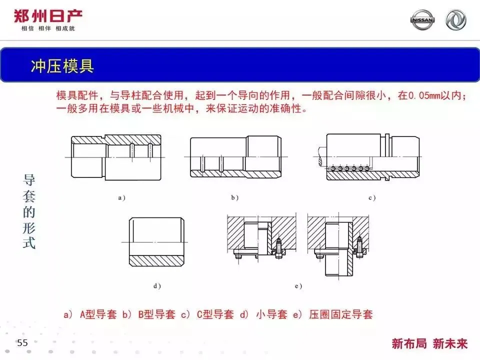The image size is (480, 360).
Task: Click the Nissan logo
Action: point(422,20)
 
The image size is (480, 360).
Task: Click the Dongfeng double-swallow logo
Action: point(455,20)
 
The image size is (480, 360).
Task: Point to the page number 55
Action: point(22,343)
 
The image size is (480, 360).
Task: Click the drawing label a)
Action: point(121,198)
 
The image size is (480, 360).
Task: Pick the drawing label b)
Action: point(234,198)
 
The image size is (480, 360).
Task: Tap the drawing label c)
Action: point(371,198)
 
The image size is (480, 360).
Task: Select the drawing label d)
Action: point(157,286)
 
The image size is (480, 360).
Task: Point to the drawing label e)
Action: point(298,286)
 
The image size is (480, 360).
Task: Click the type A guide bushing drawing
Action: point(115,157)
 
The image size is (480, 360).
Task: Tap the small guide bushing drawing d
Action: point(155,242)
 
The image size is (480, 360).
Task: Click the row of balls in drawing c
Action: point(348,169)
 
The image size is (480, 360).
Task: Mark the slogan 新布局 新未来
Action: point(429,343)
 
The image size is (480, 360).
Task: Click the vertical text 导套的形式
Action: point(29,212)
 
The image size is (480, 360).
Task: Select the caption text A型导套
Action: point(98,314)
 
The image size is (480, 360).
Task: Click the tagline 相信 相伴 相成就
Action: point(48,28)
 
